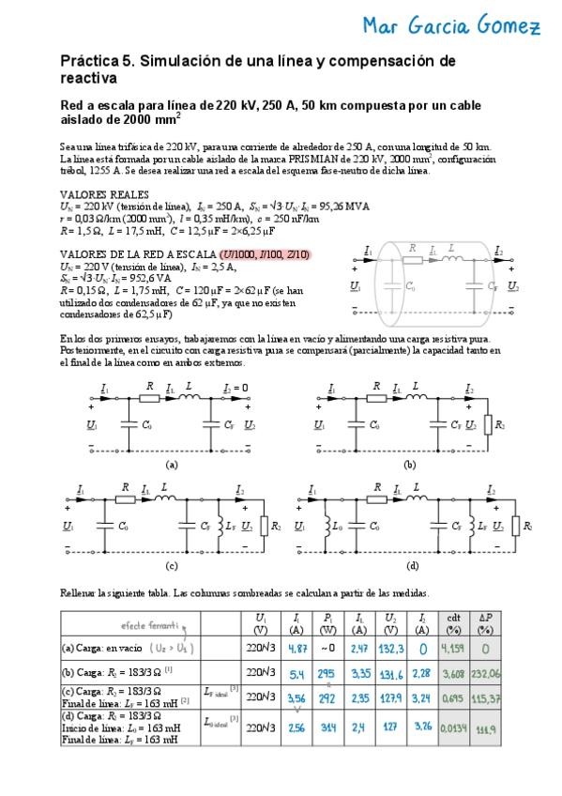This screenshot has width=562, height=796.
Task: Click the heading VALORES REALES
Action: pos(99,192)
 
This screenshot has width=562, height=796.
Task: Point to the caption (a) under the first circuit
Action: pos(171,465)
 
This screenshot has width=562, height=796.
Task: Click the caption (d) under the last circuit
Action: pos(413,566)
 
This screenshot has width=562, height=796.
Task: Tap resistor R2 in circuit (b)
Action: pos(487,427)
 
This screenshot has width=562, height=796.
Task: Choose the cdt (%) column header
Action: pos(478,622)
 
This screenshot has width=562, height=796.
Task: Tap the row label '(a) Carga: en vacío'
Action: pos(101,648)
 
